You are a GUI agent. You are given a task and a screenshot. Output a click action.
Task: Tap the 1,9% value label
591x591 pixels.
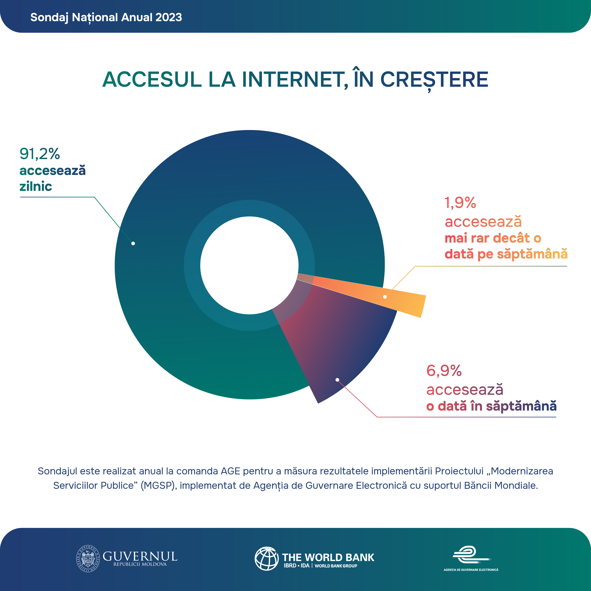[x=460, y=203]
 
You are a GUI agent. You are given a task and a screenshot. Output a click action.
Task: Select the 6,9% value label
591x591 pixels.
[x=444, y=371]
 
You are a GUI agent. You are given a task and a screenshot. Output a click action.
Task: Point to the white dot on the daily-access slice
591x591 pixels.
[x=133, y=243]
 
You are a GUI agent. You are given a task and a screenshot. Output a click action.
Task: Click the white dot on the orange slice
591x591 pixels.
[x=385, y=297]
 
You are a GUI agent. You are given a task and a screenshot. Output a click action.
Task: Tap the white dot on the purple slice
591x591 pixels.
[x=337, y=380]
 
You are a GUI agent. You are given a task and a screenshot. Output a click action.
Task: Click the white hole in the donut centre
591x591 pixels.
[x=249, y=265]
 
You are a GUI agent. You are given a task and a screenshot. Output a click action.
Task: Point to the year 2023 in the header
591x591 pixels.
[x=169, y=17]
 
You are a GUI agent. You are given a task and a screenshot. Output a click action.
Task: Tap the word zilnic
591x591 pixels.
[x=36, y=186]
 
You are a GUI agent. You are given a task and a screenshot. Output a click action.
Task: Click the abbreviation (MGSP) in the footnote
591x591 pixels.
[x=159, y=485]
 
